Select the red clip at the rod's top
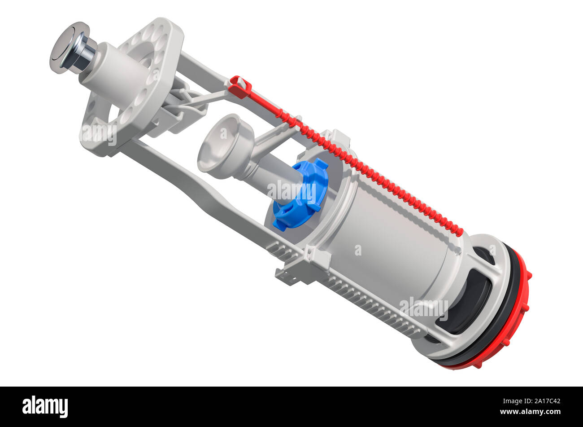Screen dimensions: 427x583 (240, 87)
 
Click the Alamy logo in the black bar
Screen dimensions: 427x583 (45, 406)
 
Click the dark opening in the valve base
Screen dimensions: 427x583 (466, 305)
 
